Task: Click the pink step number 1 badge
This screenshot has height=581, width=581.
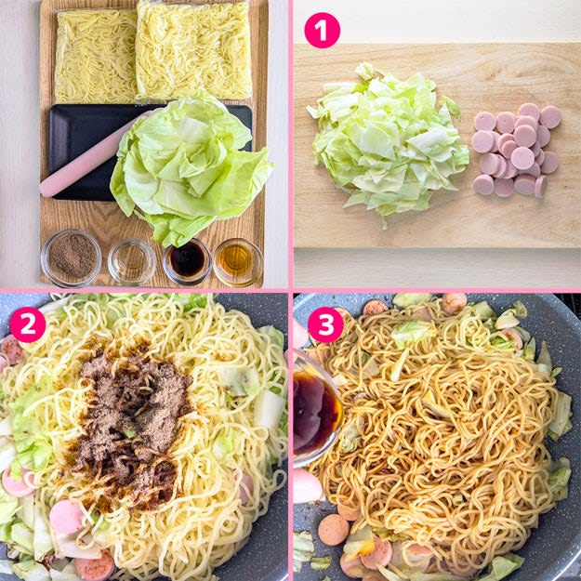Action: pyautogui.click(x=322, y=31)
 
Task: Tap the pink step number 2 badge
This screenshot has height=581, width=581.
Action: pyautogui.click(x=28, y=324)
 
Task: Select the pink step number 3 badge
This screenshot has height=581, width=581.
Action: pyautogui.click(x=325, y=324)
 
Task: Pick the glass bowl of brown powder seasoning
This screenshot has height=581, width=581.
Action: pyautogui.click(x=72, y=257)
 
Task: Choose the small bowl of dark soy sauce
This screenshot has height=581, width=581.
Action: pyautogui.click(x=187, y=261)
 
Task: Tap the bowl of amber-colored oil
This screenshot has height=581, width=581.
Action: pyautogui.click(x=238, y=262)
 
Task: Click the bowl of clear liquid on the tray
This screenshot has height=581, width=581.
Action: pyautogui.click(x=132, y=261)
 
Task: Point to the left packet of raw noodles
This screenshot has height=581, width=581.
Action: pyautogui.click(x=96, y=57)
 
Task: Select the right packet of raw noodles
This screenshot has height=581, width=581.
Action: pyautogui.click(x=193, y=50)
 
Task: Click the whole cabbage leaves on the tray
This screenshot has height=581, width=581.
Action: pyautogui.click(x=189, y=168)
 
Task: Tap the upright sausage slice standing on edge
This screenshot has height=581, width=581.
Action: pyautogui.click(x=541, y=186)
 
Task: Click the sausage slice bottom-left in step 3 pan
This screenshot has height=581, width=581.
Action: pyautogui.click(x=334, y=530)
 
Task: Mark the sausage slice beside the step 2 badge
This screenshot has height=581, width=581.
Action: pyautogui.click(x=12, y=350)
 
